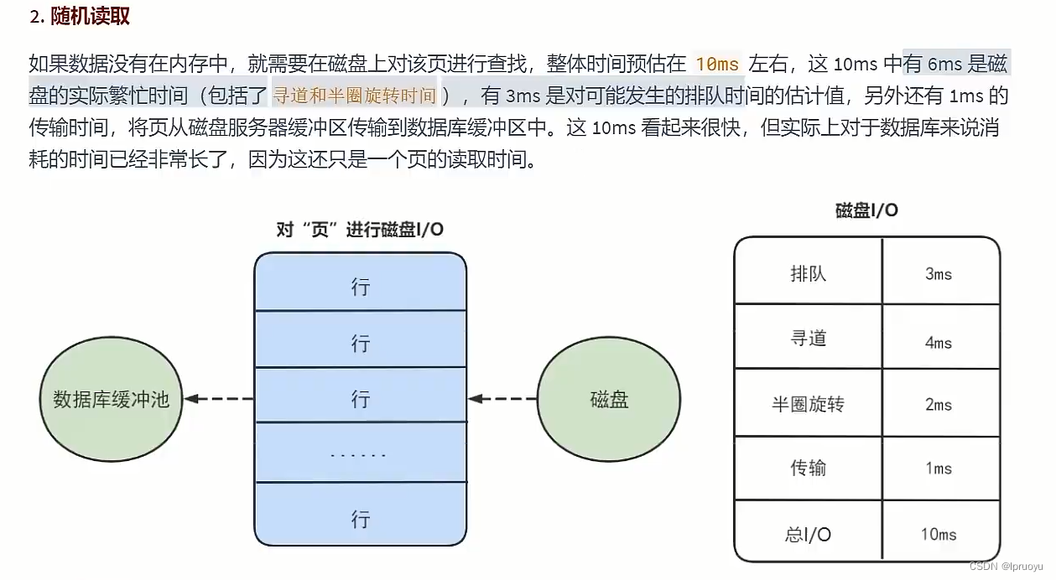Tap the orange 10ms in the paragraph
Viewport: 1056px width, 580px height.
point(717,65)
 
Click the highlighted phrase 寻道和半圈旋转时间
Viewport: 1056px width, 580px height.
point(355,96)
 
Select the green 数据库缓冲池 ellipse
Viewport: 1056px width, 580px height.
point(111,399)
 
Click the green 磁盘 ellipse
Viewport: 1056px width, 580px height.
point(609,400)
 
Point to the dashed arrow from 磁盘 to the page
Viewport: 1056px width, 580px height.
point(502,399)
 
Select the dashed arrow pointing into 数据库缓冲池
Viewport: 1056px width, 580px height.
point(219,399)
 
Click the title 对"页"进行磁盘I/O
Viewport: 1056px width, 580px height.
point(360,230)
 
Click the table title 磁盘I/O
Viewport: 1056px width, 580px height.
point(866,210)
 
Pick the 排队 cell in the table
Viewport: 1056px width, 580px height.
point(808,273)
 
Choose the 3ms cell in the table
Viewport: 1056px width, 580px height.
point(939,274)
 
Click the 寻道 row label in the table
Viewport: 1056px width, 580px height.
point(808,338)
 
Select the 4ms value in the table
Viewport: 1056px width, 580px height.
point(939,343)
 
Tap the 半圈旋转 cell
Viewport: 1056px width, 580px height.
point(808,404)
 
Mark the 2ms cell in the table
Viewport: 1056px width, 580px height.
point(939,405)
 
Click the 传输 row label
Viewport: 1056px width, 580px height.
point(808,468)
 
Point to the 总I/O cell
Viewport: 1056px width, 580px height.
point(808,534)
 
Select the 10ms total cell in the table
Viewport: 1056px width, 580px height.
point(939,534)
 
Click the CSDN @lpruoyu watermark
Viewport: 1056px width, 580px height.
point(1009,567)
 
